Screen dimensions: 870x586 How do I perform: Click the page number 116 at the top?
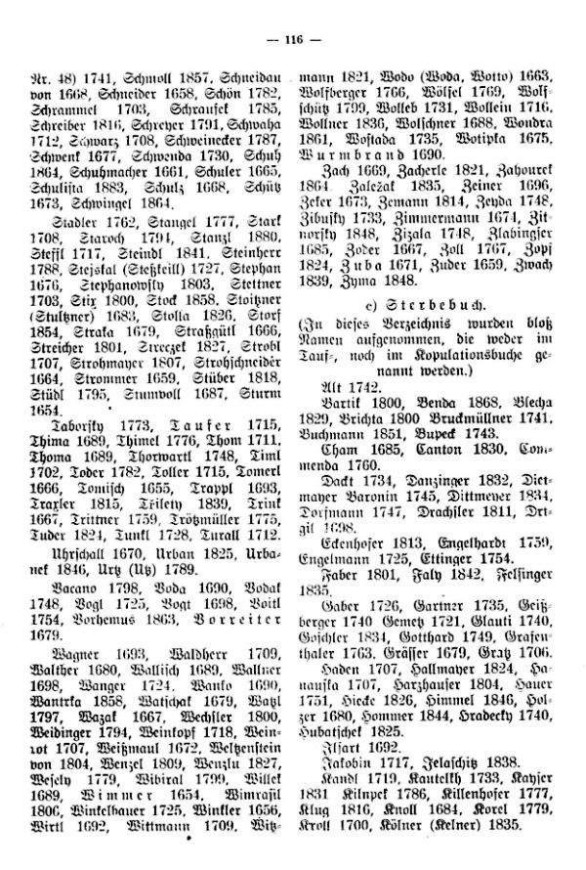coord(293,40)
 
